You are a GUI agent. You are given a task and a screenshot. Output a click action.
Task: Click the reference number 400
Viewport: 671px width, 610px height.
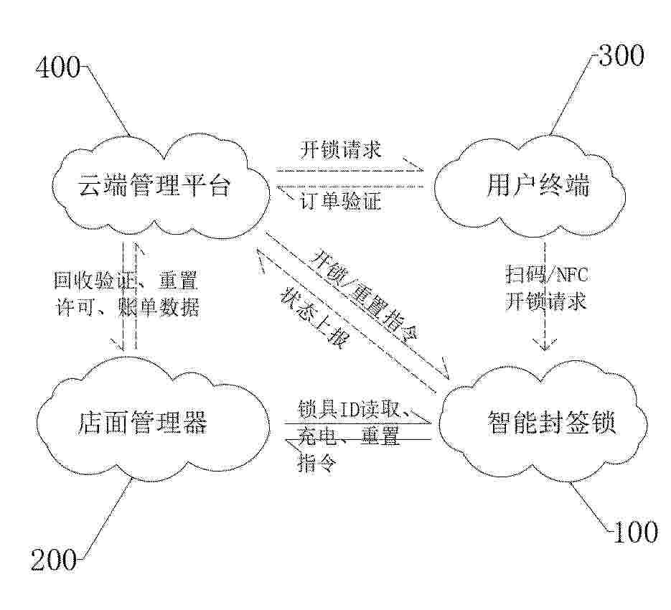click(x=58, y=67)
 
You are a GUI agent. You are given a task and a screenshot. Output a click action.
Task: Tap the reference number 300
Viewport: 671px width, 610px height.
click(x=621, y=55)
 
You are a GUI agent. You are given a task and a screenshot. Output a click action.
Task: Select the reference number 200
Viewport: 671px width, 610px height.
click(x=54, y=559)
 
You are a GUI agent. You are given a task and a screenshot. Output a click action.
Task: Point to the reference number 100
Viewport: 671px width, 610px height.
click(x=635, y=532)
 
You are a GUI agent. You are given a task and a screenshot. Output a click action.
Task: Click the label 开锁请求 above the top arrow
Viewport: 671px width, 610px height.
click(x=340, y=150)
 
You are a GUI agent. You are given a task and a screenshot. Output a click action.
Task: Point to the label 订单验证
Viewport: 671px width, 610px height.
click(x=340, y=201)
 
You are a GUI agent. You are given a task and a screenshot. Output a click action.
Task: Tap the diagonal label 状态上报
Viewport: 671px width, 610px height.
click(x=314, y=317)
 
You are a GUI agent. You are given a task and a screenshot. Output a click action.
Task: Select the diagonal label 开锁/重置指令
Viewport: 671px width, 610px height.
click(x=366, y=296)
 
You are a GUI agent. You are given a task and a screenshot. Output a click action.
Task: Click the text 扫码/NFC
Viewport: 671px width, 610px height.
click(x=546, y=274)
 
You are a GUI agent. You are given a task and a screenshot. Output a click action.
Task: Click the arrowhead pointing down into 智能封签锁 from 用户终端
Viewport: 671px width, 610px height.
click(x=544, y=344)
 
